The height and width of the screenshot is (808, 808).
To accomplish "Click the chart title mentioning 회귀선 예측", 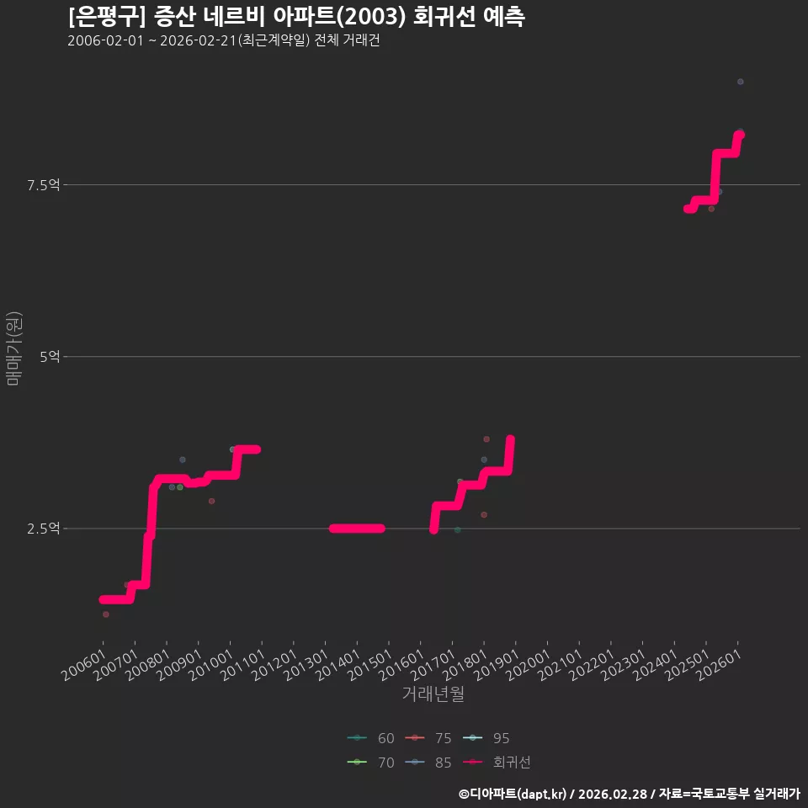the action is point(296,17).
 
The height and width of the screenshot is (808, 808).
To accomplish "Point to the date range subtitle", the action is point(224,40).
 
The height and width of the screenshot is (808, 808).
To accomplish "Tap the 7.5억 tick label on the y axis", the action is point(43,184).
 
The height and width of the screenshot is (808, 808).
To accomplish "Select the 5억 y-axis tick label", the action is point(50,356).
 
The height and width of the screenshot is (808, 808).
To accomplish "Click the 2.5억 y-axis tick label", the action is point(43,529).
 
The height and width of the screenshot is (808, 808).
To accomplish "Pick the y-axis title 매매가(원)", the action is point(13,348).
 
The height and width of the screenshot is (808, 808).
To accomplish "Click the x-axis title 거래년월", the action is point(433,694).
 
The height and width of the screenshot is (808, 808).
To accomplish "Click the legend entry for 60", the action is point(371,738).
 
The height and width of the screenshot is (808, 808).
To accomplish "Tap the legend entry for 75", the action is point(428,738).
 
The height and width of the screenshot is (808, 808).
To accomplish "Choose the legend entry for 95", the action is point(486,738).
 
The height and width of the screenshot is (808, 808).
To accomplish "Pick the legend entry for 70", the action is point(371,763).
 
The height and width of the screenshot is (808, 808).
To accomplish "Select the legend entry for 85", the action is point(428,763).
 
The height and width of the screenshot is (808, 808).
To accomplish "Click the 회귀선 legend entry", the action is point(497,763).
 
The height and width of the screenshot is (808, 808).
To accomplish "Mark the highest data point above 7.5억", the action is point(741,82).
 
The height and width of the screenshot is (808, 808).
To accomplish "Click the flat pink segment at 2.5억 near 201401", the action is point(357,529).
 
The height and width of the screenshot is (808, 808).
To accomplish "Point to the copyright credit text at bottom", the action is point(630,794).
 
